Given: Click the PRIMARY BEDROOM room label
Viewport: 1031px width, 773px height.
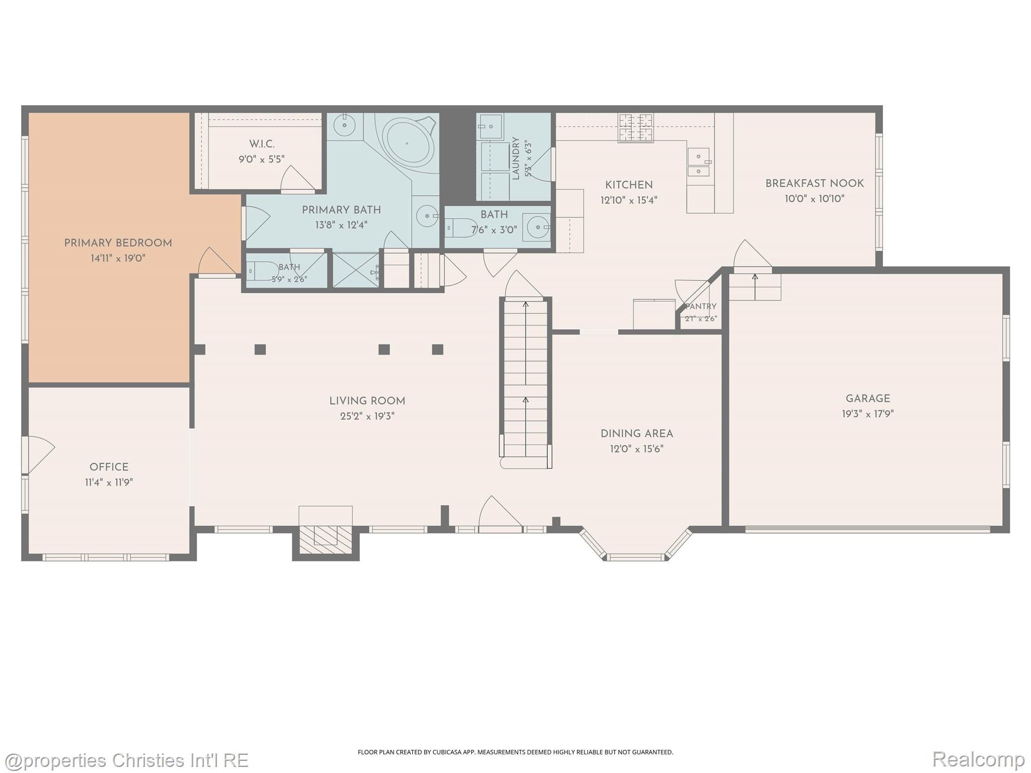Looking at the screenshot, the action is click(118, 243).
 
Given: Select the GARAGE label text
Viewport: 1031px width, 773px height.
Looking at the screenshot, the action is click(868, 399).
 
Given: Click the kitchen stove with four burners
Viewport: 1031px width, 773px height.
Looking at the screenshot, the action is click(636, 127).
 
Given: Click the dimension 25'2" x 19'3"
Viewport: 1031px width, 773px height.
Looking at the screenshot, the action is click(367, 416).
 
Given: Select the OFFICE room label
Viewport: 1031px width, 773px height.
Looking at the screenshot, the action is click(109, 467).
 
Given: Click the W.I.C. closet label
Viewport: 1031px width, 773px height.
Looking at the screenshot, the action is click(262, 144).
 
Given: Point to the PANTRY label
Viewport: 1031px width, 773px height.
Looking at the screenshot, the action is click(701, 306).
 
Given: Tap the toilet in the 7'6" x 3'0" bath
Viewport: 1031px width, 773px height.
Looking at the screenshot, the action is click(461, 228).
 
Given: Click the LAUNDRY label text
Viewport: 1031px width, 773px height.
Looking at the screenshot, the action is click(515, 158).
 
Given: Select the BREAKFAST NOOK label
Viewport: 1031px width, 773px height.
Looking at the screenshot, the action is click(815, 184).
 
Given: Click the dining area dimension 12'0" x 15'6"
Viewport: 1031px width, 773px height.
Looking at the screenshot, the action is click(637, 449).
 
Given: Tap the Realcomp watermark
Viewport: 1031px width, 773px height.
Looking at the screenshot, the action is click(979, 759).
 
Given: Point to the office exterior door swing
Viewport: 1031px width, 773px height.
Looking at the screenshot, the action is click(40, 454).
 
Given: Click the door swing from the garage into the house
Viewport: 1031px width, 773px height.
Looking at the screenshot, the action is click(752, 256).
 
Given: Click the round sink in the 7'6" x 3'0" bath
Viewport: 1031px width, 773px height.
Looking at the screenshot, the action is click(537, 227).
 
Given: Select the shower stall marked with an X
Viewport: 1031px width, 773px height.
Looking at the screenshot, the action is click(356, 270).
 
